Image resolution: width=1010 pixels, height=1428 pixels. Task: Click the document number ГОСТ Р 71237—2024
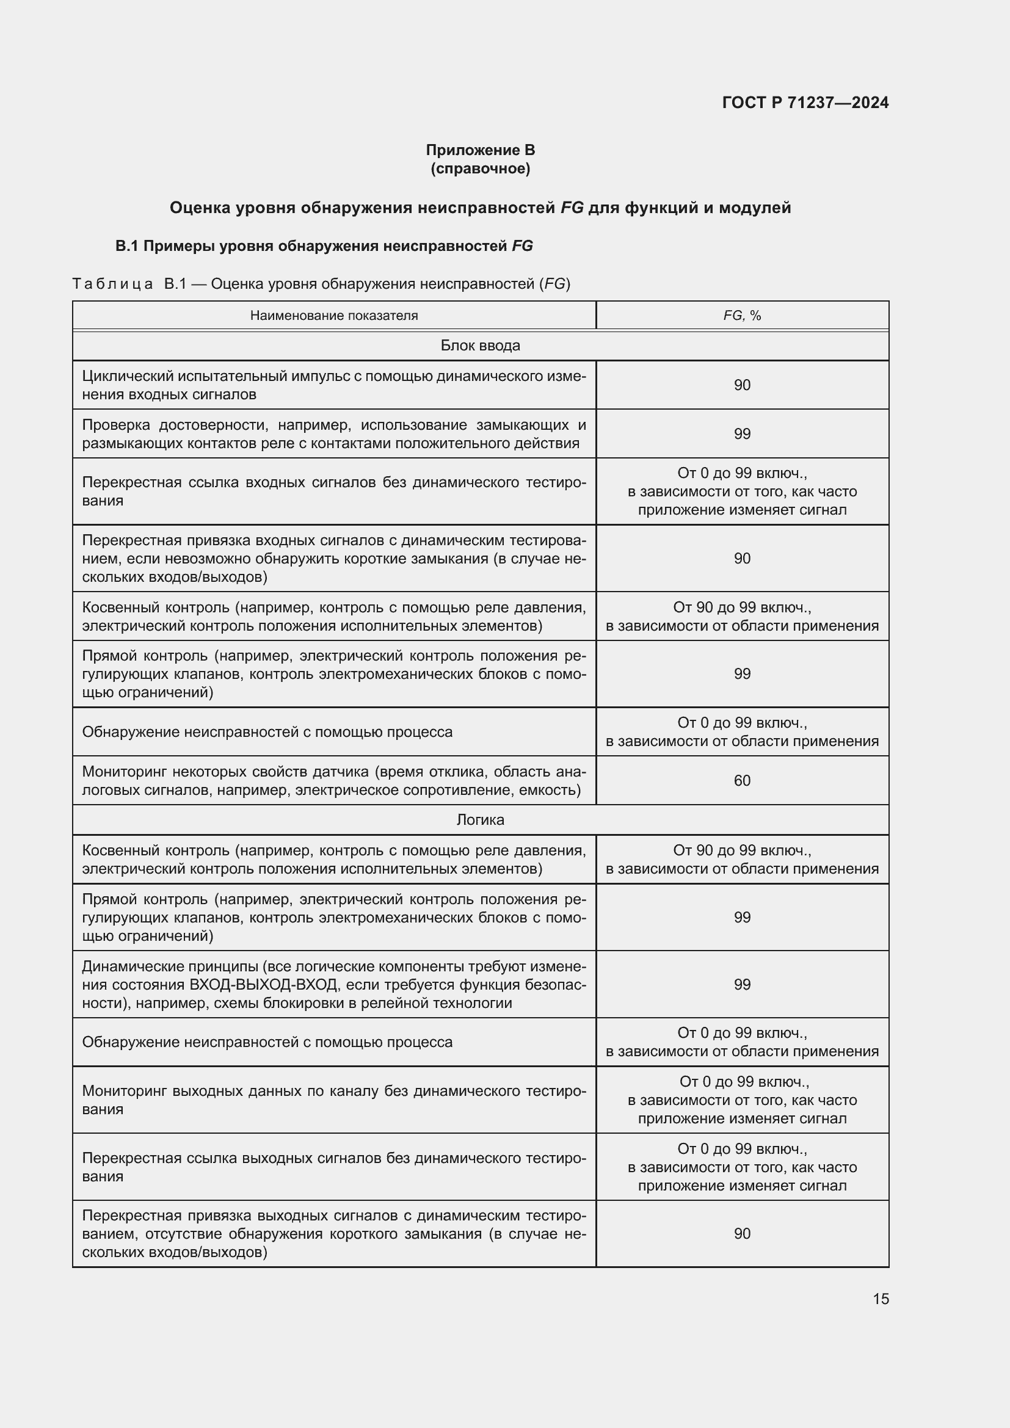(x=805, y=103)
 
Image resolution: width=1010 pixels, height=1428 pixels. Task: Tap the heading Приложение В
(x=480, y=150)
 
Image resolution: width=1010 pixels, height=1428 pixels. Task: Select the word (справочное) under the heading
(x=480, y=169)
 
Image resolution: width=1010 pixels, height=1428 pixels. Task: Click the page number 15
(x=881, y=1299)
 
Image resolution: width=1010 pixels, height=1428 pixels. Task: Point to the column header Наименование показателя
(x=334, y=315)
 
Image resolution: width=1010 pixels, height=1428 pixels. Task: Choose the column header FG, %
(x=742, y=315)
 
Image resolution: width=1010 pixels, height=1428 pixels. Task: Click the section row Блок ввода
(x=480, y=345)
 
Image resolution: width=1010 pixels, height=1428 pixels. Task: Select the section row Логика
(x=480, y=820)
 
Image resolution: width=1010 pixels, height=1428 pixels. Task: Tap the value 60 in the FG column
(x=742, y=781)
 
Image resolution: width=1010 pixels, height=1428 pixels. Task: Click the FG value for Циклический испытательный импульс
(x=742, y=385)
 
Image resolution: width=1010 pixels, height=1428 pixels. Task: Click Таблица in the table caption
(x=112, y=285)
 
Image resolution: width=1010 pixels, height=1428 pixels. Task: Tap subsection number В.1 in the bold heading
(x=126, y=246)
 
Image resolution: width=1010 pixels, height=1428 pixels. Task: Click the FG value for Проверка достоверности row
(x=742, y=434)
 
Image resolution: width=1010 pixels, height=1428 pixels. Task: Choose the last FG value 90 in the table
(x=742, y=1233)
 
